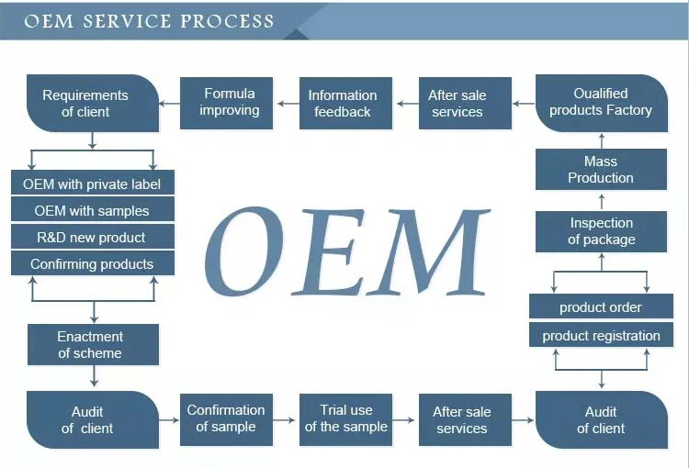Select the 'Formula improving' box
(x=230, y=102)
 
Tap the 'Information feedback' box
(x=343, y=103)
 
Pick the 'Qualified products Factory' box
(x=600, y=102)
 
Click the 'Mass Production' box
(x=600, y=170)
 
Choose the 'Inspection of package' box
(x=600, y=231)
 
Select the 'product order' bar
(x=600, y=307)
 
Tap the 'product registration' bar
(x=600, y=336)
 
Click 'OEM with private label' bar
(x=92, y=184)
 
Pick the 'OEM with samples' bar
(x=92, y=211)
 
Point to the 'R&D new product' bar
(x=92, y=238)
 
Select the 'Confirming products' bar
(x=92, y=264)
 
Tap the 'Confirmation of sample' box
(x=226, y=418)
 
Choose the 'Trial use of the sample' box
(x=345, y=418)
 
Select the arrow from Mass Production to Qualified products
(x=601, y=140)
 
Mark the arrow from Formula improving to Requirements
(x=169, y=103)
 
